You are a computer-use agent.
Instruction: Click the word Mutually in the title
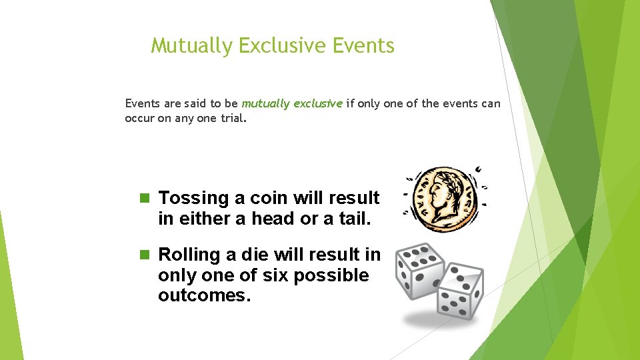[x=192, y=46]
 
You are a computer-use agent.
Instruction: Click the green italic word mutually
[x=265, y=104]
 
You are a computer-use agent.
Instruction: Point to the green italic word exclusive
[x=317, y=104]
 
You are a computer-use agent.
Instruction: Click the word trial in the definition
[x=233, y=119]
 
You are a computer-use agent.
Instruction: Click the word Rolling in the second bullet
[x=189, y=255]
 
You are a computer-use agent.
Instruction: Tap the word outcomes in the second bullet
[x=203, y=295]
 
